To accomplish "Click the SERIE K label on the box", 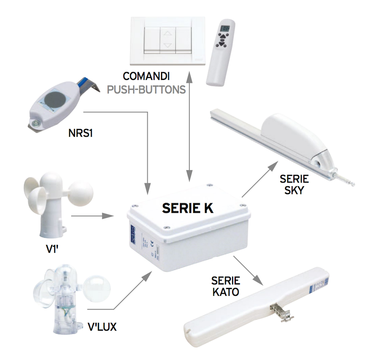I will tap(187, 207).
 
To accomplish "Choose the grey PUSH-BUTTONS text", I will tap(146, 90).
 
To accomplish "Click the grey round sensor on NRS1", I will tap(53, 100).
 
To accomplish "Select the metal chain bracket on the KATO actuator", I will tap(279, 309).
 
